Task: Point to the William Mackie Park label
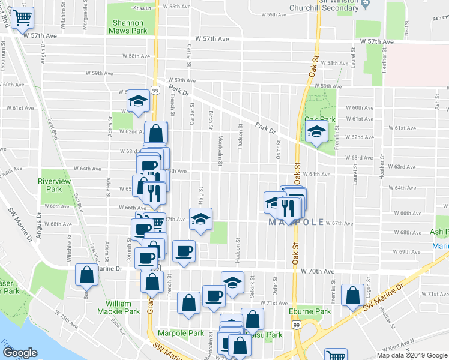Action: coord(119,307)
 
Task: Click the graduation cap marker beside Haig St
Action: coord(201,219)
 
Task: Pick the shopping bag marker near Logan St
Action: coord(352,294)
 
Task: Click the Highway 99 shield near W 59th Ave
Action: coord(155,90)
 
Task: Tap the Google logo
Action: coord(20,353)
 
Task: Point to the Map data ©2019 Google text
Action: coord(412,355)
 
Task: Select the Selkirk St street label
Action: coord(252,280)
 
